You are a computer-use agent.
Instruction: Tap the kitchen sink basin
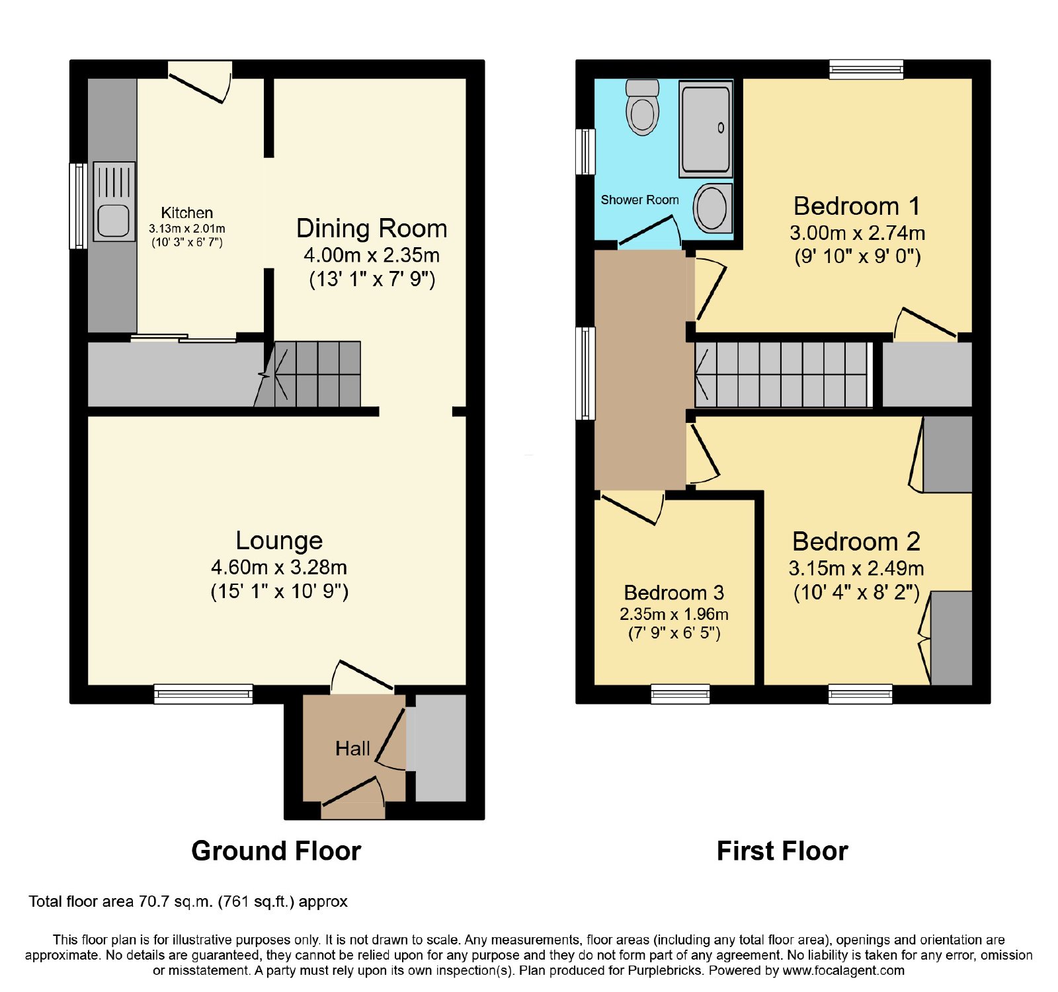click(x=114, y=221)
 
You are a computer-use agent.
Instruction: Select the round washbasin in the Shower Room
click(x=713, y=208)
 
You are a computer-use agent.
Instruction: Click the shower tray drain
click(x=721, y=128)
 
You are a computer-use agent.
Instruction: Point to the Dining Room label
click(x=372, y=228)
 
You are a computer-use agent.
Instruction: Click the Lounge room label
click(x=279, y=541)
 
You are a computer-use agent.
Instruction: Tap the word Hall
click(x=352, y=748)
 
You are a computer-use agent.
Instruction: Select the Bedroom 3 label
click(x=674, y=592)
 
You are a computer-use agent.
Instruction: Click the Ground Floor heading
click(x=276, y=851)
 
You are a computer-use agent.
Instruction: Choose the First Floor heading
click(x=782, y=851)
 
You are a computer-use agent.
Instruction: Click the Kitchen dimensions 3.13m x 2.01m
click(x=187, y=229)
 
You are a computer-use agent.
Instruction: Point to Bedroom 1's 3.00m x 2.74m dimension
click(x=857, y=233)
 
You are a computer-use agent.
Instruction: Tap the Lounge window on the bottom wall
click(x=204, y=693)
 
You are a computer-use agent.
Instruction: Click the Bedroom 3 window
click(x=680, y=694)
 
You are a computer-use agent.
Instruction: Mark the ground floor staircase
click(x=307, y=374)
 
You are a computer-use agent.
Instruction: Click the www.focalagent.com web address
click(x=843, y=971)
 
